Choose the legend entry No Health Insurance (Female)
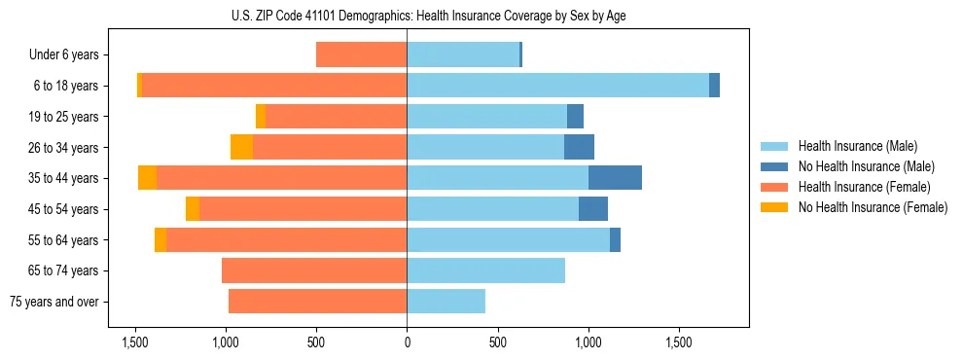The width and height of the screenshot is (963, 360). (873, 207)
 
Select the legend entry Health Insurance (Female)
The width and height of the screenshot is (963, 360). (864, 187)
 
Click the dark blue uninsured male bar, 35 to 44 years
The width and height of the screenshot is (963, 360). (615, 178)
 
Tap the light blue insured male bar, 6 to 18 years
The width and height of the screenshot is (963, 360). (557, 86)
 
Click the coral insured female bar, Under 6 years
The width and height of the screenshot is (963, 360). (361, 55)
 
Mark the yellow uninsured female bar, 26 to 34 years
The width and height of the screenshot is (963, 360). (241, 147)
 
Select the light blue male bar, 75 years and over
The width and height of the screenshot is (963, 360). (446, 302)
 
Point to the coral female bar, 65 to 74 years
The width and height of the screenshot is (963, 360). (314, 270)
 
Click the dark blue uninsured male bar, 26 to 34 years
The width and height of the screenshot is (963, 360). (579, 147)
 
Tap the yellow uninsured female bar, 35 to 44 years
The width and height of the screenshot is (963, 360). (147, 178)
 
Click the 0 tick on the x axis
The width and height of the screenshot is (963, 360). (407, 342)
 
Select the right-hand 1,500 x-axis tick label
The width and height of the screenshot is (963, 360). (679, 342)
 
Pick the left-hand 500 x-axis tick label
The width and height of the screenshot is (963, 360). (316, 342)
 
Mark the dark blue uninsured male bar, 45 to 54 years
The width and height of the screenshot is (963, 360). (593, 209)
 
